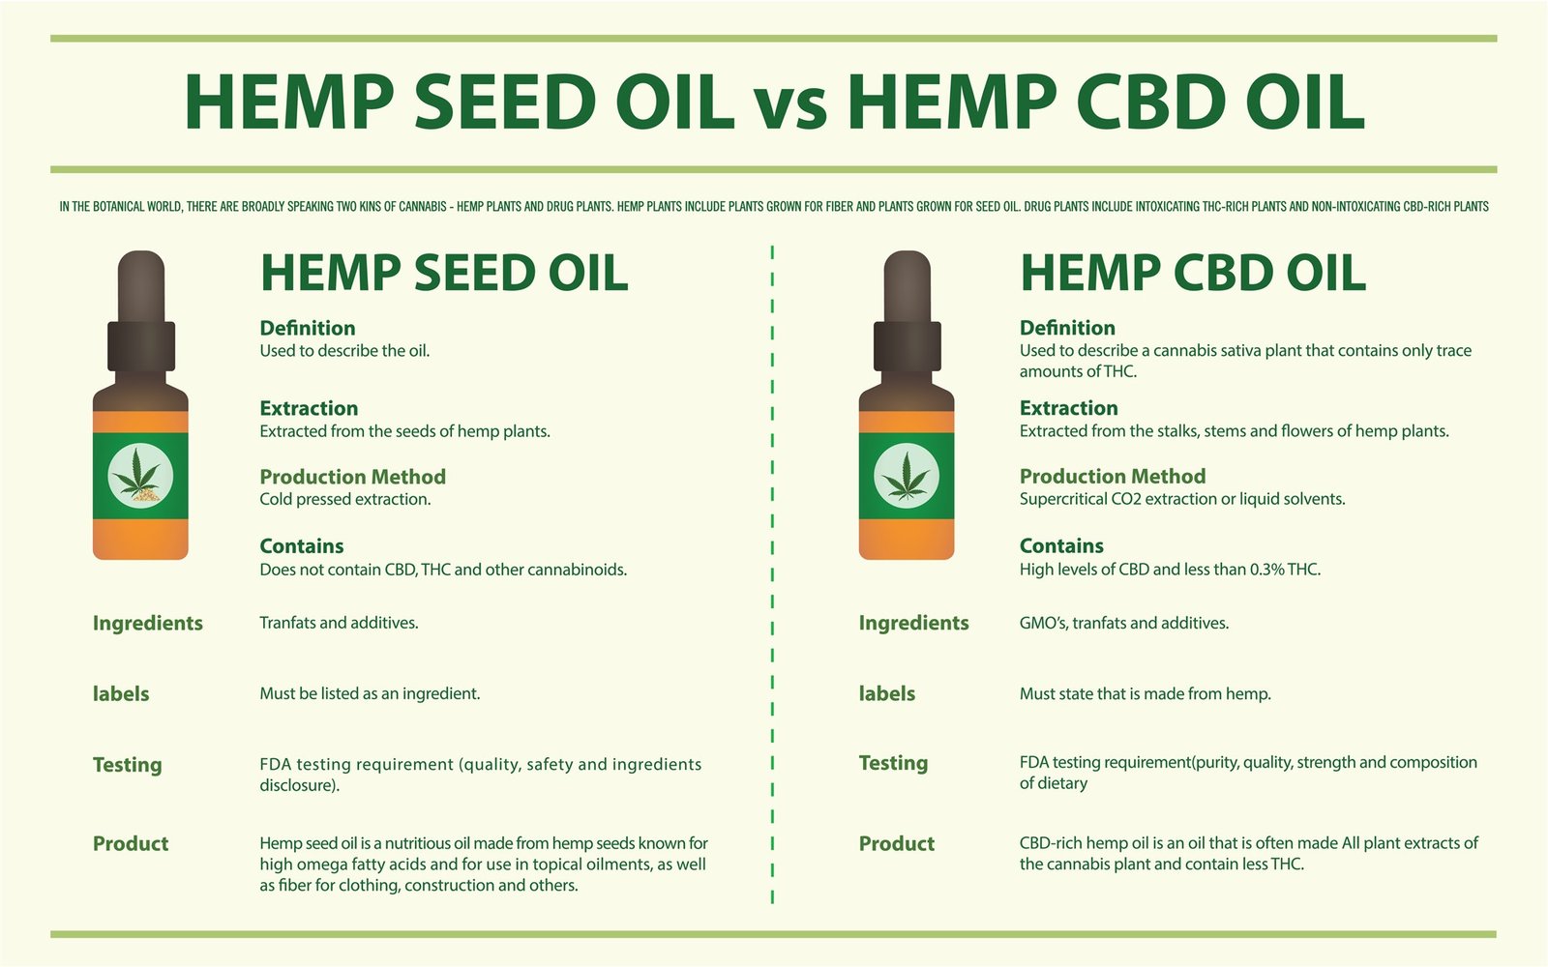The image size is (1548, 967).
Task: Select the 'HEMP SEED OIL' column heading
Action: (444, 273)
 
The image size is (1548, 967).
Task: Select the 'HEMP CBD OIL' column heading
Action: (1193, 273)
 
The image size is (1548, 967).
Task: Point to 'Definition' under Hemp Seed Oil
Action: (308, 328)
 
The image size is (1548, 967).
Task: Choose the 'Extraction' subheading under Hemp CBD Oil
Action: (1068, 408)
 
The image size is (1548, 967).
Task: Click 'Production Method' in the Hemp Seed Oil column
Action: (352, 477)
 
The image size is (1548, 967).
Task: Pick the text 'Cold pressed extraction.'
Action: (345, 500)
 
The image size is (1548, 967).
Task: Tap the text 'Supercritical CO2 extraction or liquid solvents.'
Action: (1182, 500)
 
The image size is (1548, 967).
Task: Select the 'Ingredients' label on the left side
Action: (148, 624)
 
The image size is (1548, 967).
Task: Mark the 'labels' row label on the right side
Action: (886, 693)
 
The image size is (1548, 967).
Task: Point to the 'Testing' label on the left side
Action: (128, 765)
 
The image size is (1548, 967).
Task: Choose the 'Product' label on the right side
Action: (897, 843)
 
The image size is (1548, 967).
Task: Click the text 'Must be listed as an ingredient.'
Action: (370, 693)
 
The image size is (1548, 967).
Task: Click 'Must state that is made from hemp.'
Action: (1145, 693)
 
